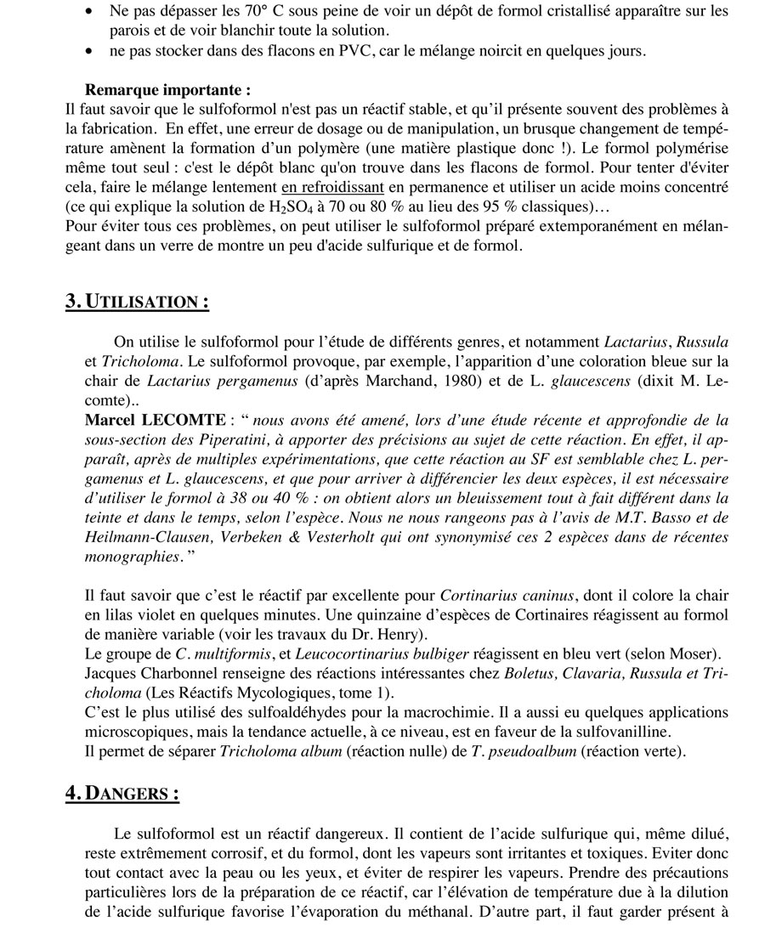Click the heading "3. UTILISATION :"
tap(136, 302)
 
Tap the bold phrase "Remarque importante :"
tap(167, 89)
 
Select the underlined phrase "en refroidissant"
tap(333, 187)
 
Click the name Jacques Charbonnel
tap(158, 674)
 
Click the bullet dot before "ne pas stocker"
tap(89, 52)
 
